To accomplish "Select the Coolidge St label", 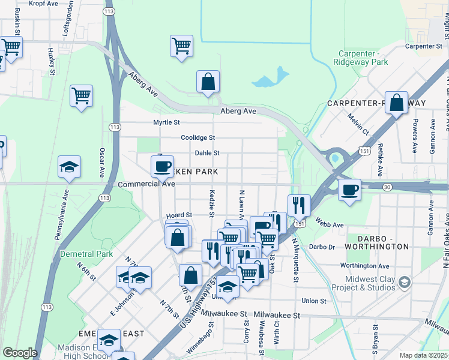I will (x=198, y=137).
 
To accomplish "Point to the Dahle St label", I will (x=207, y=153).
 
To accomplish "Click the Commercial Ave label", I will (x=146, y=184).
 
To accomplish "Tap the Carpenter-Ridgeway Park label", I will (x=362, y=57).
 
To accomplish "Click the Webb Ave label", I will (x=329, y=225).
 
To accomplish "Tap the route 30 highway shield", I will (x=388, y=187).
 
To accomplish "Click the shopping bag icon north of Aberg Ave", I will (x=208, y=82).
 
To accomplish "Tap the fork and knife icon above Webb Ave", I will (x=298, y=205).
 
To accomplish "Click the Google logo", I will (x=20, y=353).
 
